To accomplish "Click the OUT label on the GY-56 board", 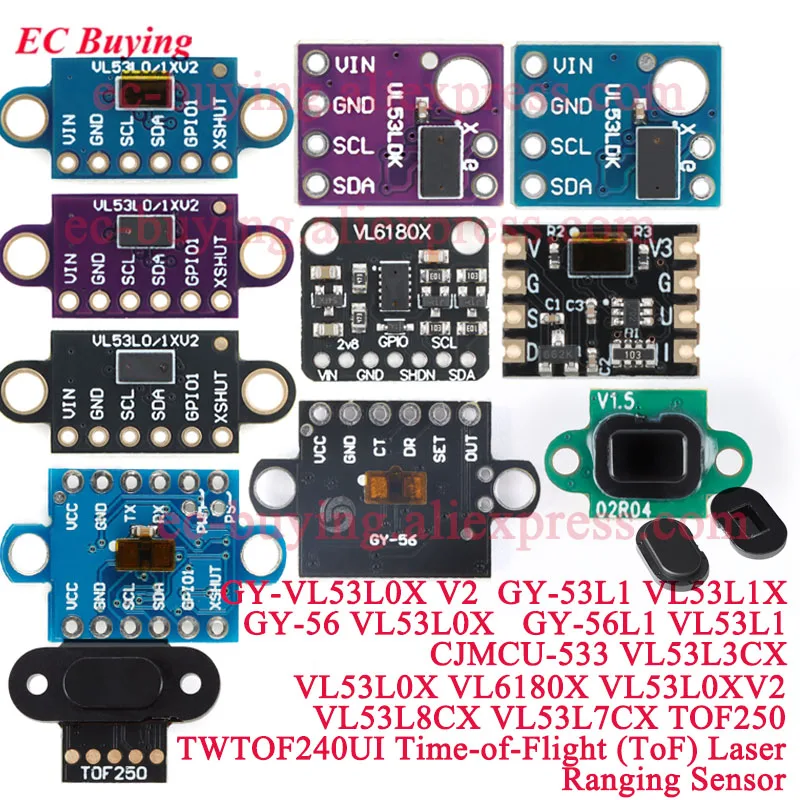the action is pyautogui.click(x=468, y=451).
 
